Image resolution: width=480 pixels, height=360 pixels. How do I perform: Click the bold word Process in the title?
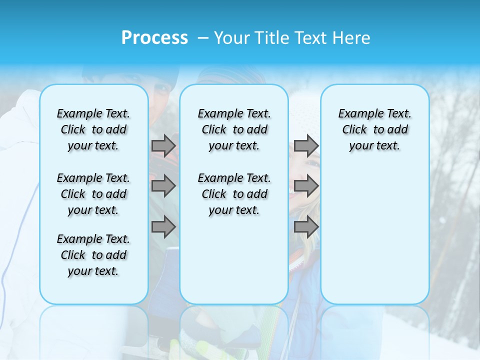(154, 37)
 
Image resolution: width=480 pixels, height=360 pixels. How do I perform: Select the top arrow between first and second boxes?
(163, 145)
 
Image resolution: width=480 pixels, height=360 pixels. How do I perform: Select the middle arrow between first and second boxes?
(163, 186)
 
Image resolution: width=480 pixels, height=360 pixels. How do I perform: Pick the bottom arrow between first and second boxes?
(163, 227)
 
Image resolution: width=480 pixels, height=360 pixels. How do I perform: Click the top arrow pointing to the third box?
(306, 145)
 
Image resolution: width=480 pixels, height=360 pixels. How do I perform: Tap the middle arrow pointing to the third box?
(306, 186)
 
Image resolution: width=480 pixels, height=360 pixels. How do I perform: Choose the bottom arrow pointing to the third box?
(306, 227)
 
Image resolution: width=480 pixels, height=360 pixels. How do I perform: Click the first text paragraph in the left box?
(93, 129)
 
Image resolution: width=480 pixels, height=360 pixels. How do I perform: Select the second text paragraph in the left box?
(93, 194)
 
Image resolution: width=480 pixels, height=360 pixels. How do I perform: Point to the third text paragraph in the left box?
(93, 255)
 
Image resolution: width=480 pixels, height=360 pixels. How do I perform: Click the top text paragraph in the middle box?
(234, 129)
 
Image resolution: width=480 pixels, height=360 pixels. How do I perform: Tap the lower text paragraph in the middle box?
(234, 194)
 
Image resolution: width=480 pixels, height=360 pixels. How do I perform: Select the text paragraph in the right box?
(375, 129)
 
